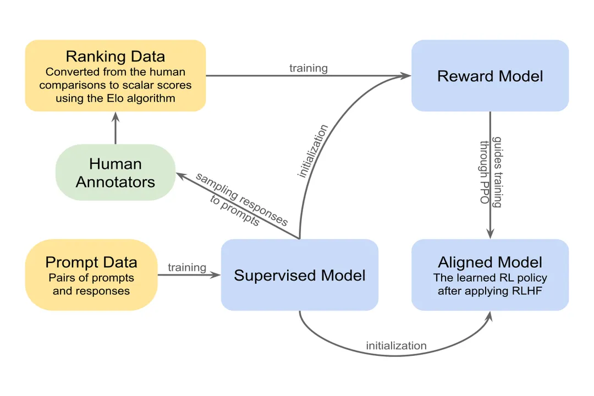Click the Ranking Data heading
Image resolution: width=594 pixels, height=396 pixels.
[x=115, y=57]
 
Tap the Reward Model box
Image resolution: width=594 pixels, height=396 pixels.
[x=490, y=76]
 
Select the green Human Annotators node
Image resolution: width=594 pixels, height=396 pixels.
[x=116, y=173]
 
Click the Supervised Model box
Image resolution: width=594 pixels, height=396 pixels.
[x=299, y=275]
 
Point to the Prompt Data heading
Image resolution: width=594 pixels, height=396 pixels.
[x=91, y=262]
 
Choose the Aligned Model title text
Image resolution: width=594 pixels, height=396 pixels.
[x=490, y=262]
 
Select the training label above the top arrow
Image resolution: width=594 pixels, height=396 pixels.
[x=308, y=68]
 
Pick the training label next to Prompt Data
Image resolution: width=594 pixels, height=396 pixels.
[x=187, y=267]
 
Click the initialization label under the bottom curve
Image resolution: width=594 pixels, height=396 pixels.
[x=396, y=346]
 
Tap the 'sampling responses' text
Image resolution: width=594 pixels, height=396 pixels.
[x=242, y=199]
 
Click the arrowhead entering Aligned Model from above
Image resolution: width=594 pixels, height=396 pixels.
[x=490, y=234]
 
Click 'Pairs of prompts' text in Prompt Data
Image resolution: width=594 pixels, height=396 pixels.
[x=91, y=278]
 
